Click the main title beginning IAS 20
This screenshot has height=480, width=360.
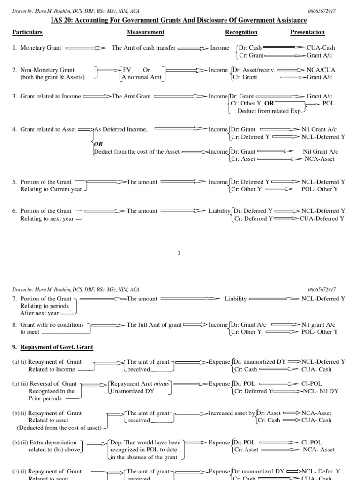(180, 20)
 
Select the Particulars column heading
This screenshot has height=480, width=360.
(28, 32)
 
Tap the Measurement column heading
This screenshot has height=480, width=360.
(145, 32)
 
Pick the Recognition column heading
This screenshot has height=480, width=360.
(241, 32)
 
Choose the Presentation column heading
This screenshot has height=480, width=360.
(307, 32)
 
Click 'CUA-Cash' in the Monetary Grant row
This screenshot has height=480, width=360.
(321, 48)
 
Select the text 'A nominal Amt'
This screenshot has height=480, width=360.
(142, 77)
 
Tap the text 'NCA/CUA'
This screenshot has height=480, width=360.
(321, 70)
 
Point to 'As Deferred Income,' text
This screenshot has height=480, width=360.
(121, 129)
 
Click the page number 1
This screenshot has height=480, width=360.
(180, 253)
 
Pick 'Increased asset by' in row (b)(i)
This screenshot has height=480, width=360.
(232, 413)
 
